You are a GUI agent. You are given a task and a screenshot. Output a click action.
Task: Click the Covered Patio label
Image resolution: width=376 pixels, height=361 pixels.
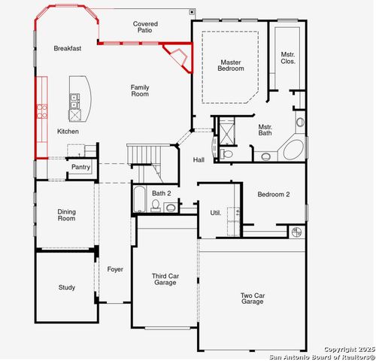pyautogui.click(x=145, y=28)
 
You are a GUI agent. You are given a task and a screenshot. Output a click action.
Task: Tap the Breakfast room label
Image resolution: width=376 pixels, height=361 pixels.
pyautogui.click(x=67, y=48)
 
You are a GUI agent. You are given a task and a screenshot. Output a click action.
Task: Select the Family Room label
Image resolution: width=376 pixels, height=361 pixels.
pyautogui.click(x=140, y=91)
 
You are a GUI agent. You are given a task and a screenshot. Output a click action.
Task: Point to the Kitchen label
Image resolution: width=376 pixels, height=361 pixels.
pyautogui.click(x=68, y=132)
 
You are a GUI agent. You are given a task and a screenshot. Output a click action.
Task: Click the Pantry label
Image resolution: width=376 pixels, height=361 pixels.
pyautogui.click(x=80, y=167)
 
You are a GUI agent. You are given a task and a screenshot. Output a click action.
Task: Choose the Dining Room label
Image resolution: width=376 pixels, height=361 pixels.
pyautogui.click(x=66, y=215)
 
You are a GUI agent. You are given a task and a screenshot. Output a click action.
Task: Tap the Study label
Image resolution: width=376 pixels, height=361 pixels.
pyautogui.click(x=66, y=287)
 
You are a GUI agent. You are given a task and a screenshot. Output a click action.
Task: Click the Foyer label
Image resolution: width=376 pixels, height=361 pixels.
pyautogui.click(x=114, y=268)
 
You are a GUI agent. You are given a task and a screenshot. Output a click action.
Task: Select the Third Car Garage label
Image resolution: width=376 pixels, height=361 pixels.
pyautogui.click(x=165, y=281)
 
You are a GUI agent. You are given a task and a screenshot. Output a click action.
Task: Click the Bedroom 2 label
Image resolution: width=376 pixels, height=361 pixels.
pyautogui.click(x=273, y=194)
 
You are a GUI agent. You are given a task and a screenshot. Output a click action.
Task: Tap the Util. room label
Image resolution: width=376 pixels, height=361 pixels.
pyautogui.click(x=215, y=213)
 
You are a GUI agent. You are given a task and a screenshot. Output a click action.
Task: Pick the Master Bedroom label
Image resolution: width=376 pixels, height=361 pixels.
pyautogui.click(x=232, y=65)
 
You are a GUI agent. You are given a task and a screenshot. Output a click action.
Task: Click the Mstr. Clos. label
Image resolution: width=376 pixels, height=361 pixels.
pyautogui.click(x=287, y=58)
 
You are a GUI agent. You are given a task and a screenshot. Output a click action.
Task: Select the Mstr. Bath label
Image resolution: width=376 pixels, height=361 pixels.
pyautogui.click(x=265, y=130)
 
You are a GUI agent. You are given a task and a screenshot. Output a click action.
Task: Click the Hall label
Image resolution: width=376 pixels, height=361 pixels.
pyautogui.click(x=199, y=159)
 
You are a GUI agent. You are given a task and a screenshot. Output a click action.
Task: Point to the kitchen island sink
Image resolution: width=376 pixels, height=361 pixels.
pyautogui.click(x=74, y=106)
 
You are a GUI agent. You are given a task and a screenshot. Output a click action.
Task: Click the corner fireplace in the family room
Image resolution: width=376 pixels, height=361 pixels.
pyautogui.click(x=178, y=57)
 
